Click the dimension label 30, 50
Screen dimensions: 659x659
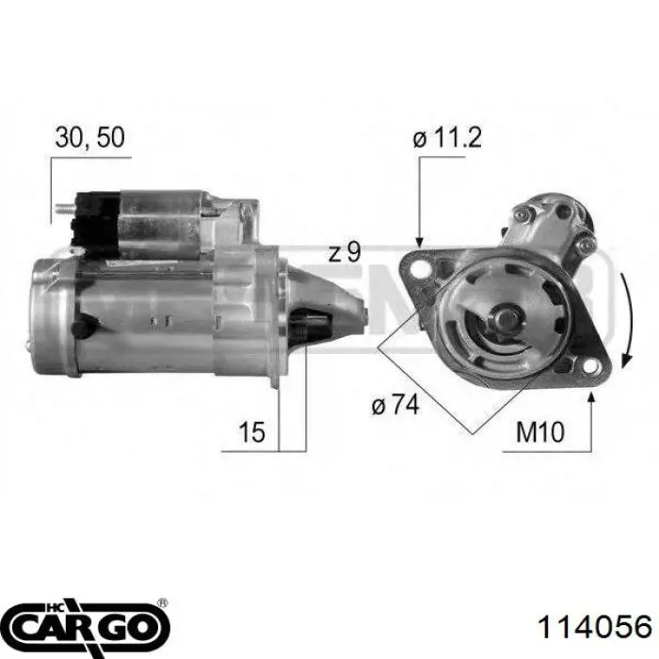pyautogui.click(x=89, y=137)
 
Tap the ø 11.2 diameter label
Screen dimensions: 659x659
pyautogui.click(x=447, y=137)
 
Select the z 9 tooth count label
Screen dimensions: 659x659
pyautogui.click(x=345, y=252)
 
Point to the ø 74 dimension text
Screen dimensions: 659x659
pyautogui.click(x=395, y=405)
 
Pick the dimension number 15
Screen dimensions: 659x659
pyautogui.click(x=251, y=431)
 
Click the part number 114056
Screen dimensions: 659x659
pyautogui.click(x=595, y=627)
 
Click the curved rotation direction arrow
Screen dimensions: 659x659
pyautogui.click(x=626, y=319)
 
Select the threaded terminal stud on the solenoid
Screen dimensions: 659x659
pyautogui.click(x=65, y=208)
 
